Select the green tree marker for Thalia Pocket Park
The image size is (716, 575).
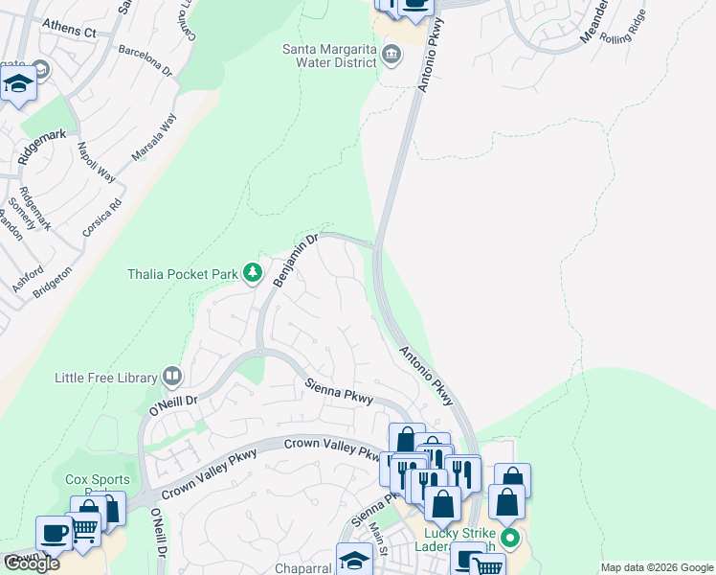[253, 274]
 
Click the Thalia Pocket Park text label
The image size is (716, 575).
[182, 274]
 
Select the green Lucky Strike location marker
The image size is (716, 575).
[509, 538]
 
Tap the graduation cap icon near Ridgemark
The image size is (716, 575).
[18, 84]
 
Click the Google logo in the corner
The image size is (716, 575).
[32, 563]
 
